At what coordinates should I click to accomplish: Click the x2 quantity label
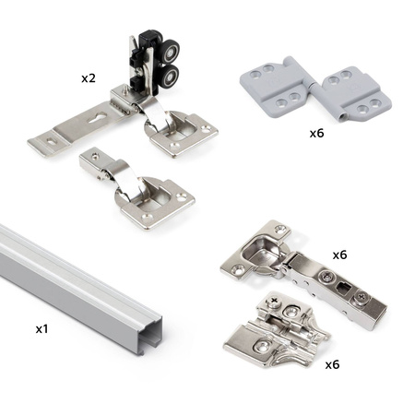(89, 78)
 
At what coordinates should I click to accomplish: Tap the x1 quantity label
(42, 329)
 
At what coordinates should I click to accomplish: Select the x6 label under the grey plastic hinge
(316, 133)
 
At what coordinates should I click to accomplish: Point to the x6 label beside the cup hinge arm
(339, 255)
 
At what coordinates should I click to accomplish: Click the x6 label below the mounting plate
(332, 364)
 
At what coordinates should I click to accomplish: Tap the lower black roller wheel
(170, 76)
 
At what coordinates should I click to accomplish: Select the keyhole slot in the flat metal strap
(97, 118)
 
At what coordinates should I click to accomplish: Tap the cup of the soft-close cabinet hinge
(261, 251)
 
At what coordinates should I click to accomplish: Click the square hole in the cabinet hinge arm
(342, 289)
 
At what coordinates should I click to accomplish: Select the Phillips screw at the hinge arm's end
(361, 298)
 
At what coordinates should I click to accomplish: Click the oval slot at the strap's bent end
(50, 142)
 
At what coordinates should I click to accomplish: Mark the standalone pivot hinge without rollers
(137, 188)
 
